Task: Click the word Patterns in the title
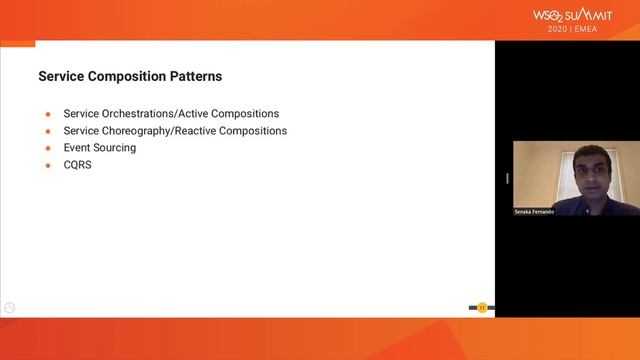point(194,76)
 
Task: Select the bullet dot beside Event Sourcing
point(47,148)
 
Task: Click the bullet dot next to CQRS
point(47,165)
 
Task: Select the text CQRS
point(77,165)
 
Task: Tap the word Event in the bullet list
point(76,148)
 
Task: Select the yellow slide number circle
point(482,307)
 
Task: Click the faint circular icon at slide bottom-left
point(9,307)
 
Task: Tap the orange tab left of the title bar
point(17,43)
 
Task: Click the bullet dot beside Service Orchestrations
point(47,114)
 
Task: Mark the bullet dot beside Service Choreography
point(47,131)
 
